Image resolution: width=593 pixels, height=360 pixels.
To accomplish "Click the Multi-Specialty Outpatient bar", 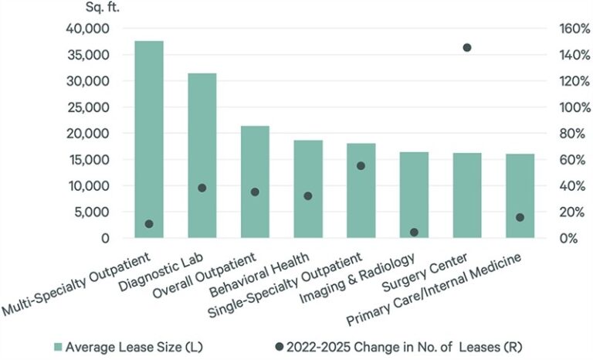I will pos(148,139).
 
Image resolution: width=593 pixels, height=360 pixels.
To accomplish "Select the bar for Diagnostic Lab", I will pos(202,155).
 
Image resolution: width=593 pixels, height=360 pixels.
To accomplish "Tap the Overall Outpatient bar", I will pos(255,182).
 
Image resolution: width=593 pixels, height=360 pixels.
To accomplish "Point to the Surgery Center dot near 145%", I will pos(466,48).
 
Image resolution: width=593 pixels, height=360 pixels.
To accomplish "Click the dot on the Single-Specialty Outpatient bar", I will pos(361,166).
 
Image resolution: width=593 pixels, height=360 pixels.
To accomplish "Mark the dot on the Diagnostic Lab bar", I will pos(202,188).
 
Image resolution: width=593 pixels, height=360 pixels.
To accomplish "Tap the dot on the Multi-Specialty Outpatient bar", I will pos(148,224).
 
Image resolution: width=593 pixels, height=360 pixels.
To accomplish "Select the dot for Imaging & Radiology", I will pos(413,232).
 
